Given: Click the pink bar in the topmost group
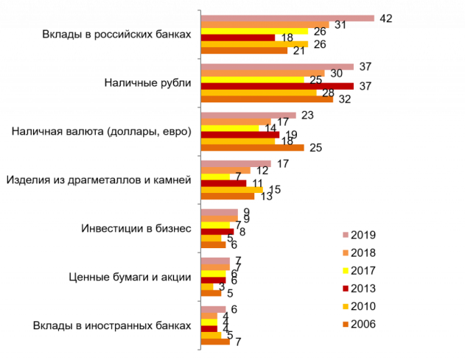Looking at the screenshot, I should [x=287, y=18].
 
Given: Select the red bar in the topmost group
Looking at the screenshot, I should [x=238, y=38].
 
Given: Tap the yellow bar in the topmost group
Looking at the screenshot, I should [x=254, y=32].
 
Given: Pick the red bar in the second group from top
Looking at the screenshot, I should [x=277, y=86].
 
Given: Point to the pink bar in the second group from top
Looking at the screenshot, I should [x=277, y=67].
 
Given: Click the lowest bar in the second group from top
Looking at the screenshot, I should [x=267, y=99].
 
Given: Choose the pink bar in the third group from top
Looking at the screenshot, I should [x=248, y=116].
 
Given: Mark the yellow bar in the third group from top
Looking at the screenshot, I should [x=230, y=128].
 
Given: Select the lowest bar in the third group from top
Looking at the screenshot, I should [x=252, y=148].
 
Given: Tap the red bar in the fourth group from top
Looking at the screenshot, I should [x=224, y=183].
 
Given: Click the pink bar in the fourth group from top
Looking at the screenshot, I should [x=236, y=163].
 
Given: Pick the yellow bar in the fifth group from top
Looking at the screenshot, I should [x=215, y=225].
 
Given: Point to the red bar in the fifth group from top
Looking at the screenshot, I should [x=217, y=232].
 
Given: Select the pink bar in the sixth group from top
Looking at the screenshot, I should [x=215, y=261].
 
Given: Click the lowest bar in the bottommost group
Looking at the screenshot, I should [x=215, y=342].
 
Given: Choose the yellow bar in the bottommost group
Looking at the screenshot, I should [x=209, y=322].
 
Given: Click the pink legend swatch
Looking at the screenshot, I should [x=346, y=235].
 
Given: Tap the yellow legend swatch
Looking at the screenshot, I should [x=346, y=271].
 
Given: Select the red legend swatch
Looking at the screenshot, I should [x=346, y=289].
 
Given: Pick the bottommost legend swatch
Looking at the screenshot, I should [x=346, y=324].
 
